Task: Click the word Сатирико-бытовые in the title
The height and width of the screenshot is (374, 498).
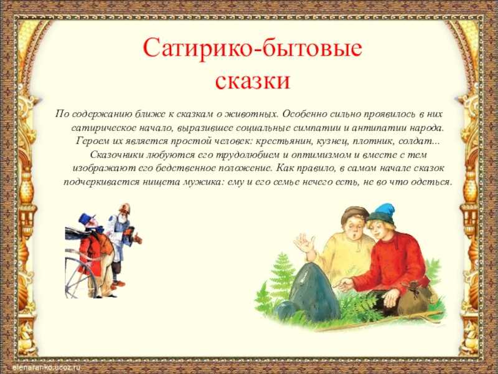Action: click(x=253, y=49)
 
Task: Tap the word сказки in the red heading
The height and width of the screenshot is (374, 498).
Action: click(x=253, y=80)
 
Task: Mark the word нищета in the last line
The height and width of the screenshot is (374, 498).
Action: click(x=162, y=182)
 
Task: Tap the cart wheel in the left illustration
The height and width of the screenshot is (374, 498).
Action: click(x=78, y=277)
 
